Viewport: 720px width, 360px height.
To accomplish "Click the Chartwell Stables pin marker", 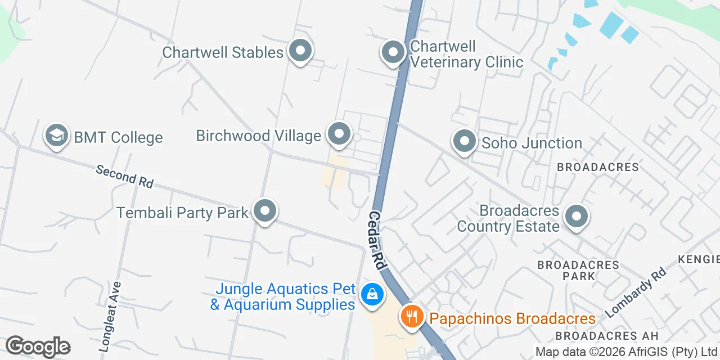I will pos(300,51).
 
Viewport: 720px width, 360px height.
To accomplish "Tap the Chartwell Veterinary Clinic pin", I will pos(393,53).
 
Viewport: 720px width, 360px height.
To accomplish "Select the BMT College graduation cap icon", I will pos(57,136).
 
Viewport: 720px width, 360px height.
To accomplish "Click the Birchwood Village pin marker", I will pos(339,134).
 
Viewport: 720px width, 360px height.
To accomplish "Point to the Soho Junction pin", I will pos(465,142).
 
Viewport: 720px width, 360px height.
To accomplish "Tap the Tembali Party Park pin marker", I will pos(265,211).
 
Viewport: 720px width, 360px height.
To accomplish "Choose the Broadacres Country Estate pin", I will pos(576,217).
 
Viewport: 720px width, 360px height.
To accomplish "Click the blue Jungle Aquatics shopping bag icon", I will pos(371,294).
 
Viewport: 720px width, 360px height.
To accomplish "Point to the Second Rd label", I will pos(124,176).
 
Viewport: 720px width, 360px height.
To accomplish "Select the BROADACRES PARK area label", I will pos(578,270).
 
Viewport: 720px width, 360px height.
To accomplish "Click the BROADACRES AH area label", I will pos(606,336).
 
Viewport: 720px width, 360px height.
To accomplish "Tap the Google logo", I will pos(38,346).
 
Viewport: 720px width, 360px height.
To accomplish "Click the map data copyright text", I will pos(626,352).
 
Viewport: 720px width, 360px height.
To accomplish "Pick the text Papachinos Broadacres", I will pos(512,318).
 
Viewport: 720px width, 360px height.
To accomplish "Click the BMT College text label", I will pos(118,137).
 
